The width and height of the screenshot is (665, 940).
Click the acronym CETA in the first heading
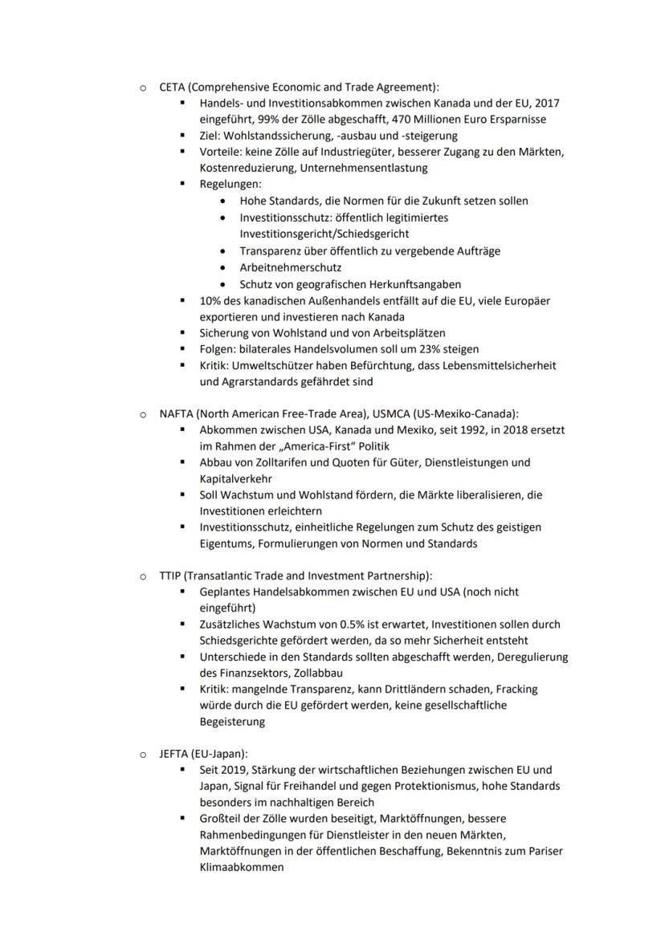click(x=172, y=87)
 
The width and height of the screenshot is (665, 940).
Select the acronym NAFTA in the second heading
click(x=177, y=414)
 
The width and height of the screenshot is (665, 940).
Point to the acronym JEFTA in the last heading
click(x=174, y=754)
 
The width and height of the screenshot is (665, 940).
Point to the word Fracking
click(x=516, y=689)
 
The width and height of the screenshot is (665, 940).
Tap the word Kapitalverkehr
click(x=237, y=478)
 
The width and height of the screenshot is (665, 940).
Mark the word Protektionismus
click(x=455, y=786)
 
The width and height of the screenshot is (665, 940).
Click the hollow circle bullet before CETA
click(x=141, y=87)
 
